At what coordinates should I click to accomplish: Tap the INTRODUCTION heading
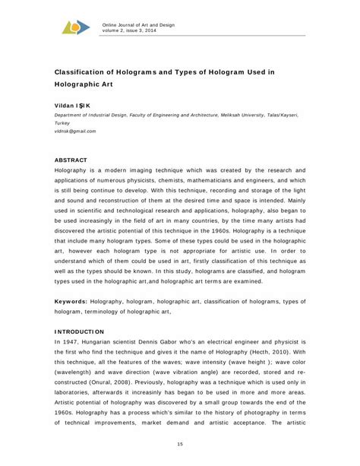pyautogui.click(x=79, y=332)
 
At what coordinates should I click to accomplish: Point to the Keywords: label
pyautogui.click(x=70, y=301)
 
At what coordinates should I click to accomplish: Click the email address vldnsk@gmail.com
pyautogui.click(x=75, y=131)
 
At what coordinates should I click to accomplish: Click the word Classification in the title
pyautogui.click(x=90, y=69)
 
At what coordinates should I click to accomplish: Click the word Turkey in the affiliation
pyautogui.click(x=62, y=122)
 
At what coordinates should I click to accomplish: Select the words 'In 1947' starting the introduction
pyautogui.click(x=66, y=343)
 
